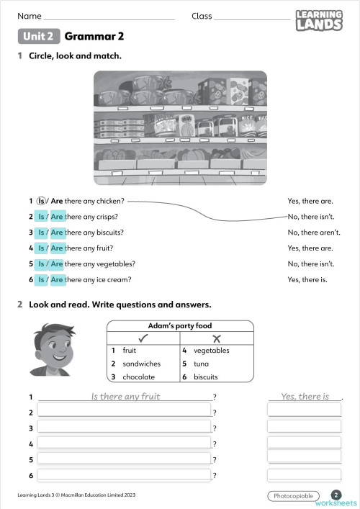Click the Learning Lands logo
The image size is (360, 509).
[319, 20]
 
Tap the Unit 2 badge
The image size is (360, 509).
[38, 36]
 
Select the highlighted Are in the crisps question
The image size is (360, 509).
[57, 217]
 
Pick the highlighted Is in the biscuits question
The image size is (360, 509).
[41, 233]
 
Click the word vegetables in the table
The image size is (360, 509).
[212, 351]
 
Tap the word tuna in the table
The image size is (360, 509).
[201, 364]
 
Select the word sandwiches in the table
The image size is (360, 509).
[141, 364]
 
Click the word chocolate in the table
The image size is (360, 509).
[138, 377]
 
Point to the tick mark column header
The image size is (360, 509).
[143, 338]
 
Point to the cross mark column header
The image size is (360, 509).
[216, 338]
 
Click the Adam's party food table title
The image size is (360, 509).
[180, 325]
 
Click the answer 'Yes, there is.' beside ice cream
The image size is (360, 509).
[307, 279]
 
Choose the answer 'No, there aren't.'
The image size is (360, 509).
[314, 233]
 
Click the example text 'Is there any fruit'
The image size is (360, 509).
[125, 396]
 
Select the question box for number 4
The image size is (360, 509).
[124, 443]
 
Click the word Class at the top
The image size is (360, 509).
[202, 16]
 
